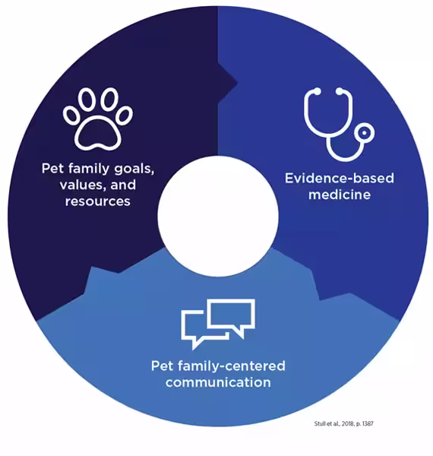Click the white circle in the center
(x=218, y=216)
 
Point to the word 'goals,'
(x=134, y=169)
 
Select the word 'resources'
(x=98, y=201)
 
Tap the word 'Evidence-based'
(x=340, y=178)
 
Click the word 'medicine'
(x=340, y=195)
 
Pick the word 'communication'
(x=218, y=382)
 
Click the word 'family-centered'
(x=232, y=366)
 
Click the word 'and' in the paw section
(x=123, y=185)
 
